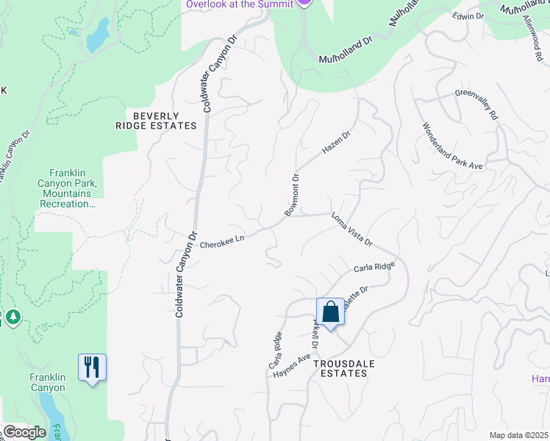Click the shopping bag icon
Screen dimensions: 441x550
[331, 312]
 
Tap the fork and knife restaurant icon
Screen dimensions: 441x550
[92, 367]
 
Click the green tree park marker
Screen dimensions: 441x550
[12, 318]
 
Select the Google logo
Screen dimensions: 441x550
[24, 432]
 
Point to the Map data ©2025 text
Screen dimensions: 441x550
[518, 435]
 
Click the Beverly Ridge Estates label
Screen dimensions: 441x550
[156, 121]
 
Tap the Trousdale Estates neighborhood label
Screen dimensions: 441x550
[340, 368]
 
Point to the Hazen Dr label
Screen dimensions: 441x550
[337, 143]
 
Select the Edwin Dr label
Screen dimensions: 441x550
[468, 15]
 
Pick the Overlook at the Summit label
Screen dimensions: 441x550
[231, 4]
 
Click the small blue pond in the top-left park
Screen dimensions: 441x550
[97, 35]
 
